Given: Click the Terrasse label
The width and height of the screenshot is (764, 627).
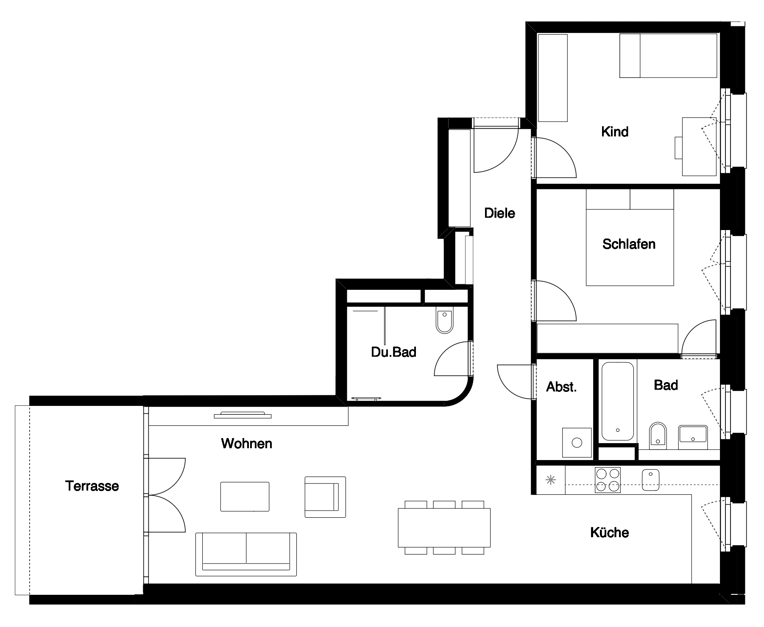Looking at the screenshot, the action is click(92, 486).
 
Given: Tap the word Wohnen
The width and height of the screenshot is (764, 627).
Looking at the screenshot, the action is click(246, 444).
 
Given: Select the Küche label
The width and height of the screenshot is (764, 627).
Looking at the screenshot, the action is click(609, 532).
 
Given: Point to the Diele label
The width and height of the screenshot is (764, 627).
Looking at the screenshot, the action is click(499, 213).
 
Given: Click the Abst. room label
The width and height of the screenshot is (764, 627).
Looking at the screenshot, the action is click(561, 386).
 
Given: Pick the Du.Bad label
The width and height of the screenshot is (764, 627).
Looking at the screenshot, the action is click(393, 352).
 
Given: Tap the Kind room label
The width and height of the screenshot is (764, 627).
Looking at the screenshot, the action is click(614, 131).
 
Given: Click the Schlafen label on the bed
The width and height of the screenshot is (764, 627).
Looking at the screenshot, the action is click(629, 244).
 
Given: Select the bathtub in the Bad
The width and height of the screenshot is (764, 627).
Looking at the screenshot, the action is click(617, 401).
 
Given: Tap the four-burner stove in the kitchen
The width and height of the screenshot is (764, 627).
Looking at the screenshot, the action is click(608, 480).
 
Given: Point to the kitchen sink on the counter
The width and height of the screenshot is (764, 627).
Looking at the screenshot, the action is click(651, 480).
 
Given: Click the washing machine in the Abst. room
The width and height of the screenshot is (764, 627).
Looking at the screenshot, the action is click(577, 443).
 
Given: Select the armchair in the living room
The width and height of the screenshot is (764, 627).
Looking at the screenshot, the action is click(325, 497).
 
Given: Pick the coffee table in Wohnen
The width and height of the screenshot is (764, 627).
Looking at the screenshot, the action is click(245, 497).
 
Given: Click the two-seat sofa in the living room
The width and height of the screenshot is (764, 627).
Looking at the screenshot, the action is click(246, 554).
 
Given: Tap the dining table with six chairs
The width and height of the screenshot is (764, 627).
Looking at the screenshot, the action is click(444, 527).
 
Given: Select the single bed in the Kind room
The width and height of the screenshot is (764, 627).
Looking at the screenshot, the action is click(669, 56).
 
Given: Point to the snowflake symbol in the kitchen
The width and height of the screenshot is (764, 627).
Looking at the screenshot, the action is click(550, 480).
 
